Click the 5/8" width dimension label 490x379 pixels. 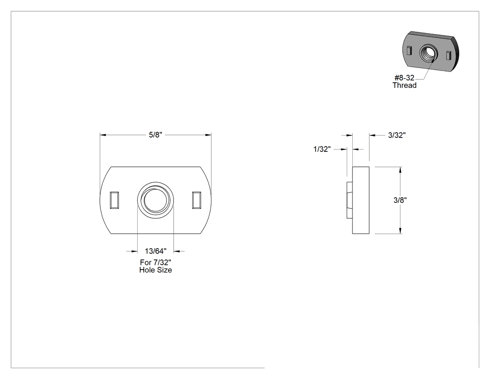pos(155,135)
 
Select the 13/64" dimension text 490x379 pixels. pos(155,251)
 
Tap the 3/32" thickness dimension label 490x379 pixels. pos(397,135)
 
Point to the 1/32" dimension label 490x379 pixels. pos(322,149)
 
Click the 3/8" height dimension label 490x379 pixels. pos(400,200)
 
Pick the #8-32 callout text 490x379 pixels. pos(405,78)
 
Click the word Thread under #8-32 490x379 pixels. pos(405,86)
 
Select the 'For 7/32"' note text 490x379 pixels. pos(155,262)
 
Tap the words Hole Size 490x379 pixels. pos(155,270)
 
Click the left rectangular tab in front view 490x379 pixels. pos(114,200)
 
